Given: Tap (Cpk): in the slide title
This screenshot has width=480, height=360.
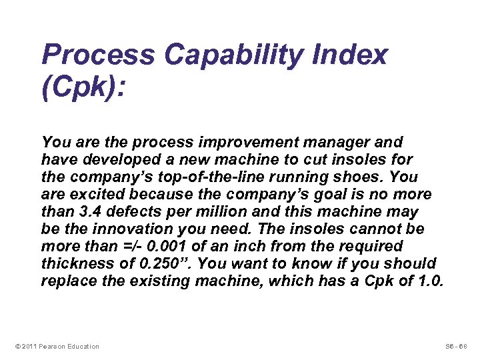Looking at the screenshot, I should [x=83, y=90].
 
